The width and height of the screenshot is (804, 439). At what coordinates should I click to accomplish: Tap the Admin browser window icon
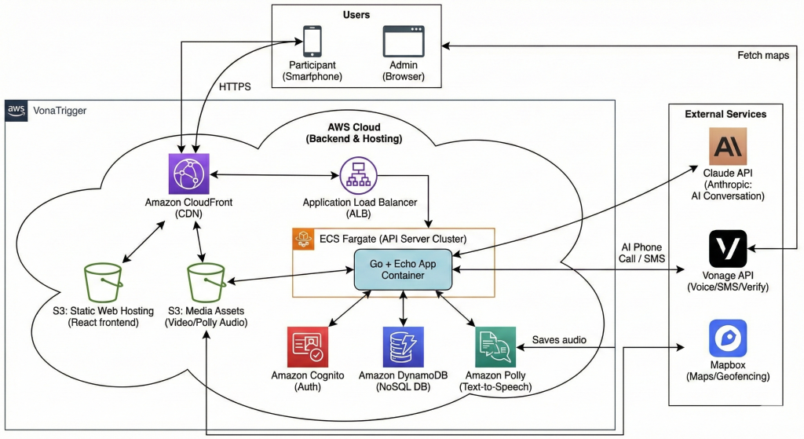tap(403, 40)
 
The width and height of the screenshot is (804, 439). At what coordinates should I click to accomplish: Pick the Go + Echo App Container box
tap(403, 269)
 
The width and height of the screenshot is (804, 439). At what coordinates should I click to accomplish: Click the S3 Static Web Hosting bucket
tap(102, 281)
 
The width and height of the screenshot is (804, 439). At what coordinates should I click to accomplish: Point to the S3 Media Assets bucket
tap(206, 281)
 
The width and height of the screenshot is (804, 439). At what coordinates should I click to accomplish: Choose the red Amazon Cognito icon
tap(307, 347)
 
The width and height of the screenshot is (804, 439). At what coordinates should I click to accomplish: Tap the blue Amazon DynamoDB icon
tap(403, 347)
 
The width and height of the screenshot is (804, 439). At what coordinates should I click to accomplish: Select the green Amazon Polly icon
tap(495, 347)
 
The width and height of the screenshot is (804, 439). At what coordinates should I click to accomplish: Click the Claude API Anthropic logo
tap(728, 147)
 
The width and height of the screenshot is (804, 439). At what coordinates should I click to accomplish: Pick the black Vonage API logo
tap(728, 249)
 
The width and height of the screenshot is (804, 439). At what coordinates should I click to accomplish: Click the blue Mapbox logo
tap(728, 338)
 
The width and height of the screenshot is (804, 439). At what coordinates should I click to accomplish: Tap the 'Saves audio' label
tap(558, 339)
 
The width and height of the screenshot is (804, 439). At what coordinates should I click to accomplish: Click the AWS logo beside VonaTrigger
tap(16, 111)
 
